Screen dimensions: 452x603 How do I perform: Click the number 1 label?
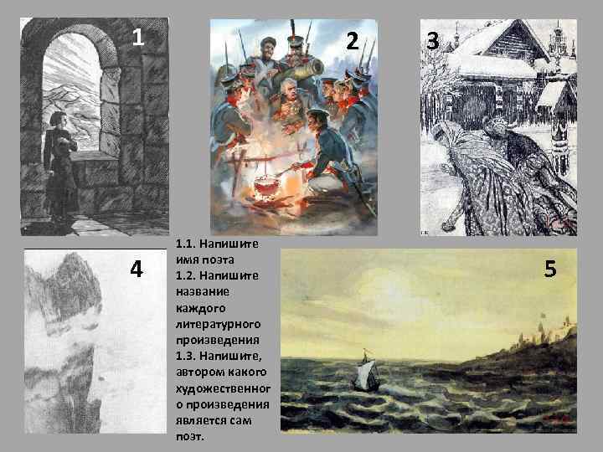(140, 38)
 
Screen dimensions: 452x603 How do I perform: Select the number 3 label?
(432, 39)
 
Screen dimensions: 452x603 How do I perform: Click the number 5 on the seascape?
(550, 269)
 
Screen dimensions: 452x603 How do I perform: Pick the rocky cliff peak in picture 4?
(80, 276)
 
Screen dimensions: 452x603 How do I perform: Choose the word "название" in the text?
(203, 290)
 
